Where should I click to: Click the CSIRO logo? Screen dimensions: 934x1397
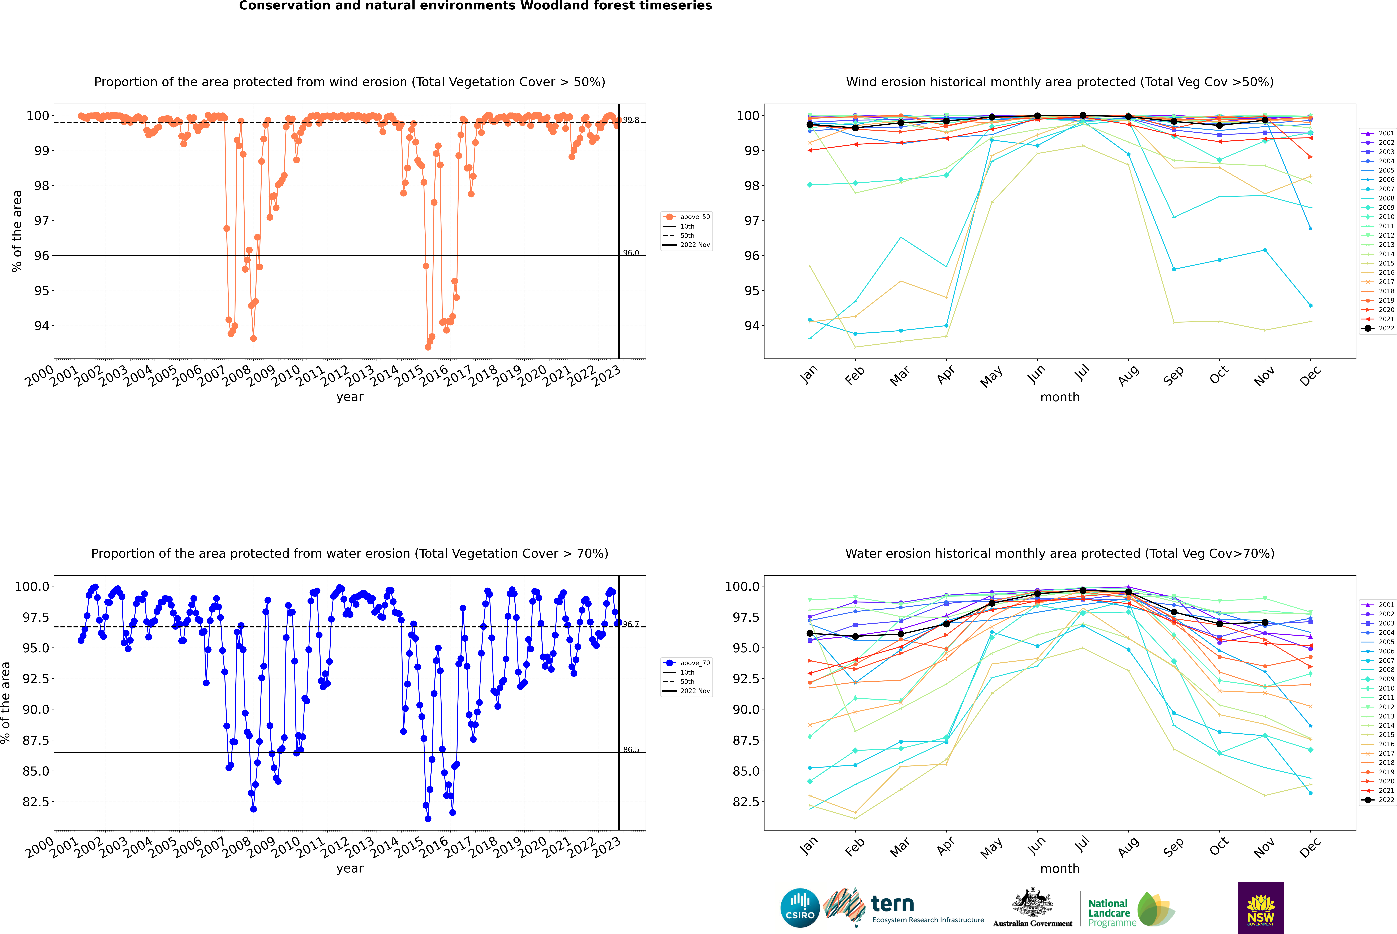[x=800, y=908]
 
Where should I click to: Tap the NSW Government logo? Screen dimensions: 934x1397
[x=1261, y=908]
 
